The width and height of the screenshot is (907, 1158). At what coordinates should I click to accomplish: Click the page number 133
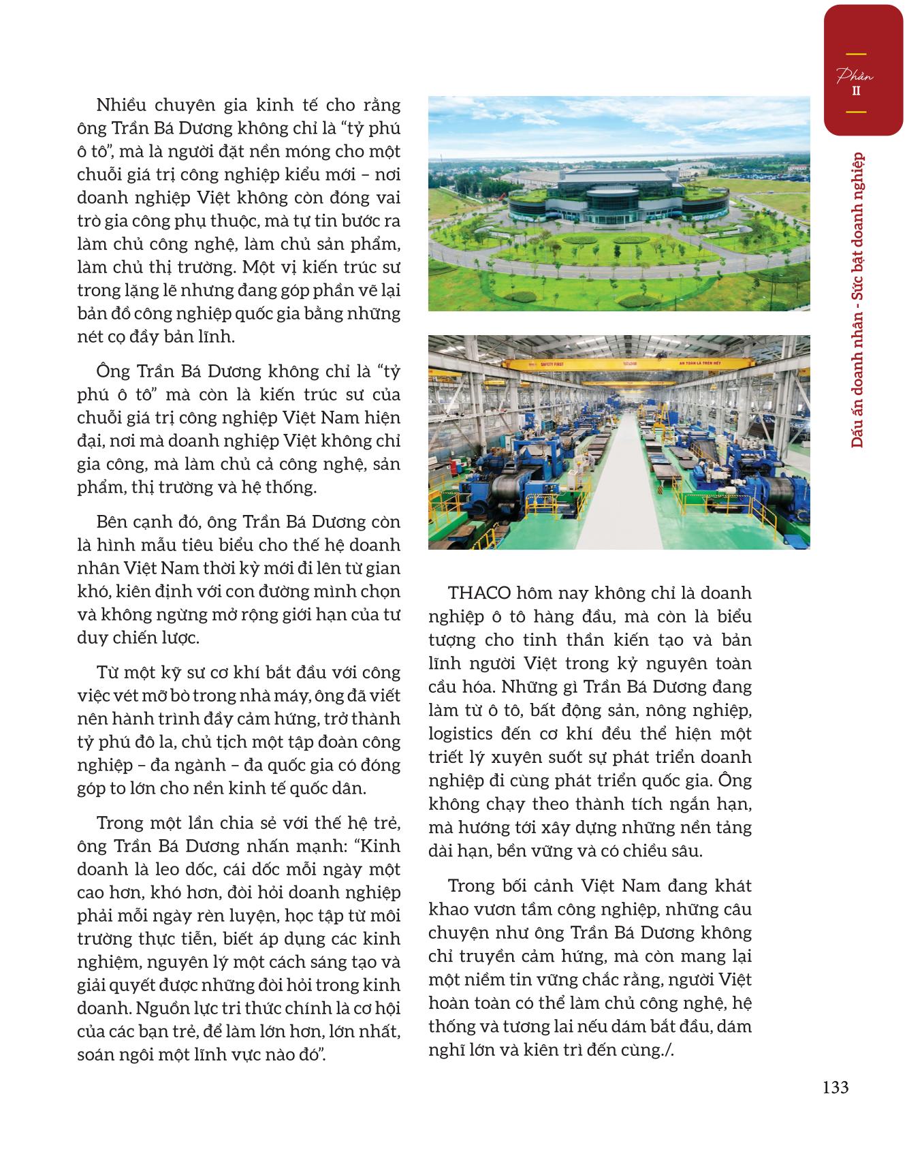tap(836, 1087)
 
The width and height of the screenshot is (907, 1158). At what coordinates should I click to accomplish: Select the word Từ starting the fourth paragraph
tap(110, 672)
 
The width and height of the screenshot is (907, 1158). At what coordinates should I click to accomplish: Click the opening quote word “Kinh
tap(379, 846)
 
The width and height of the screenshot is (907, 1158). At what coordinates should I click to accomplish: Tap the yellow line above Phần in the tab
tap(856, 54)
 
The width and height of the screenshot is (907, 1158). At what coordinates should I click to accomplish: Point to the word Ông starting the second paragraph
tap(112, 371)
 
